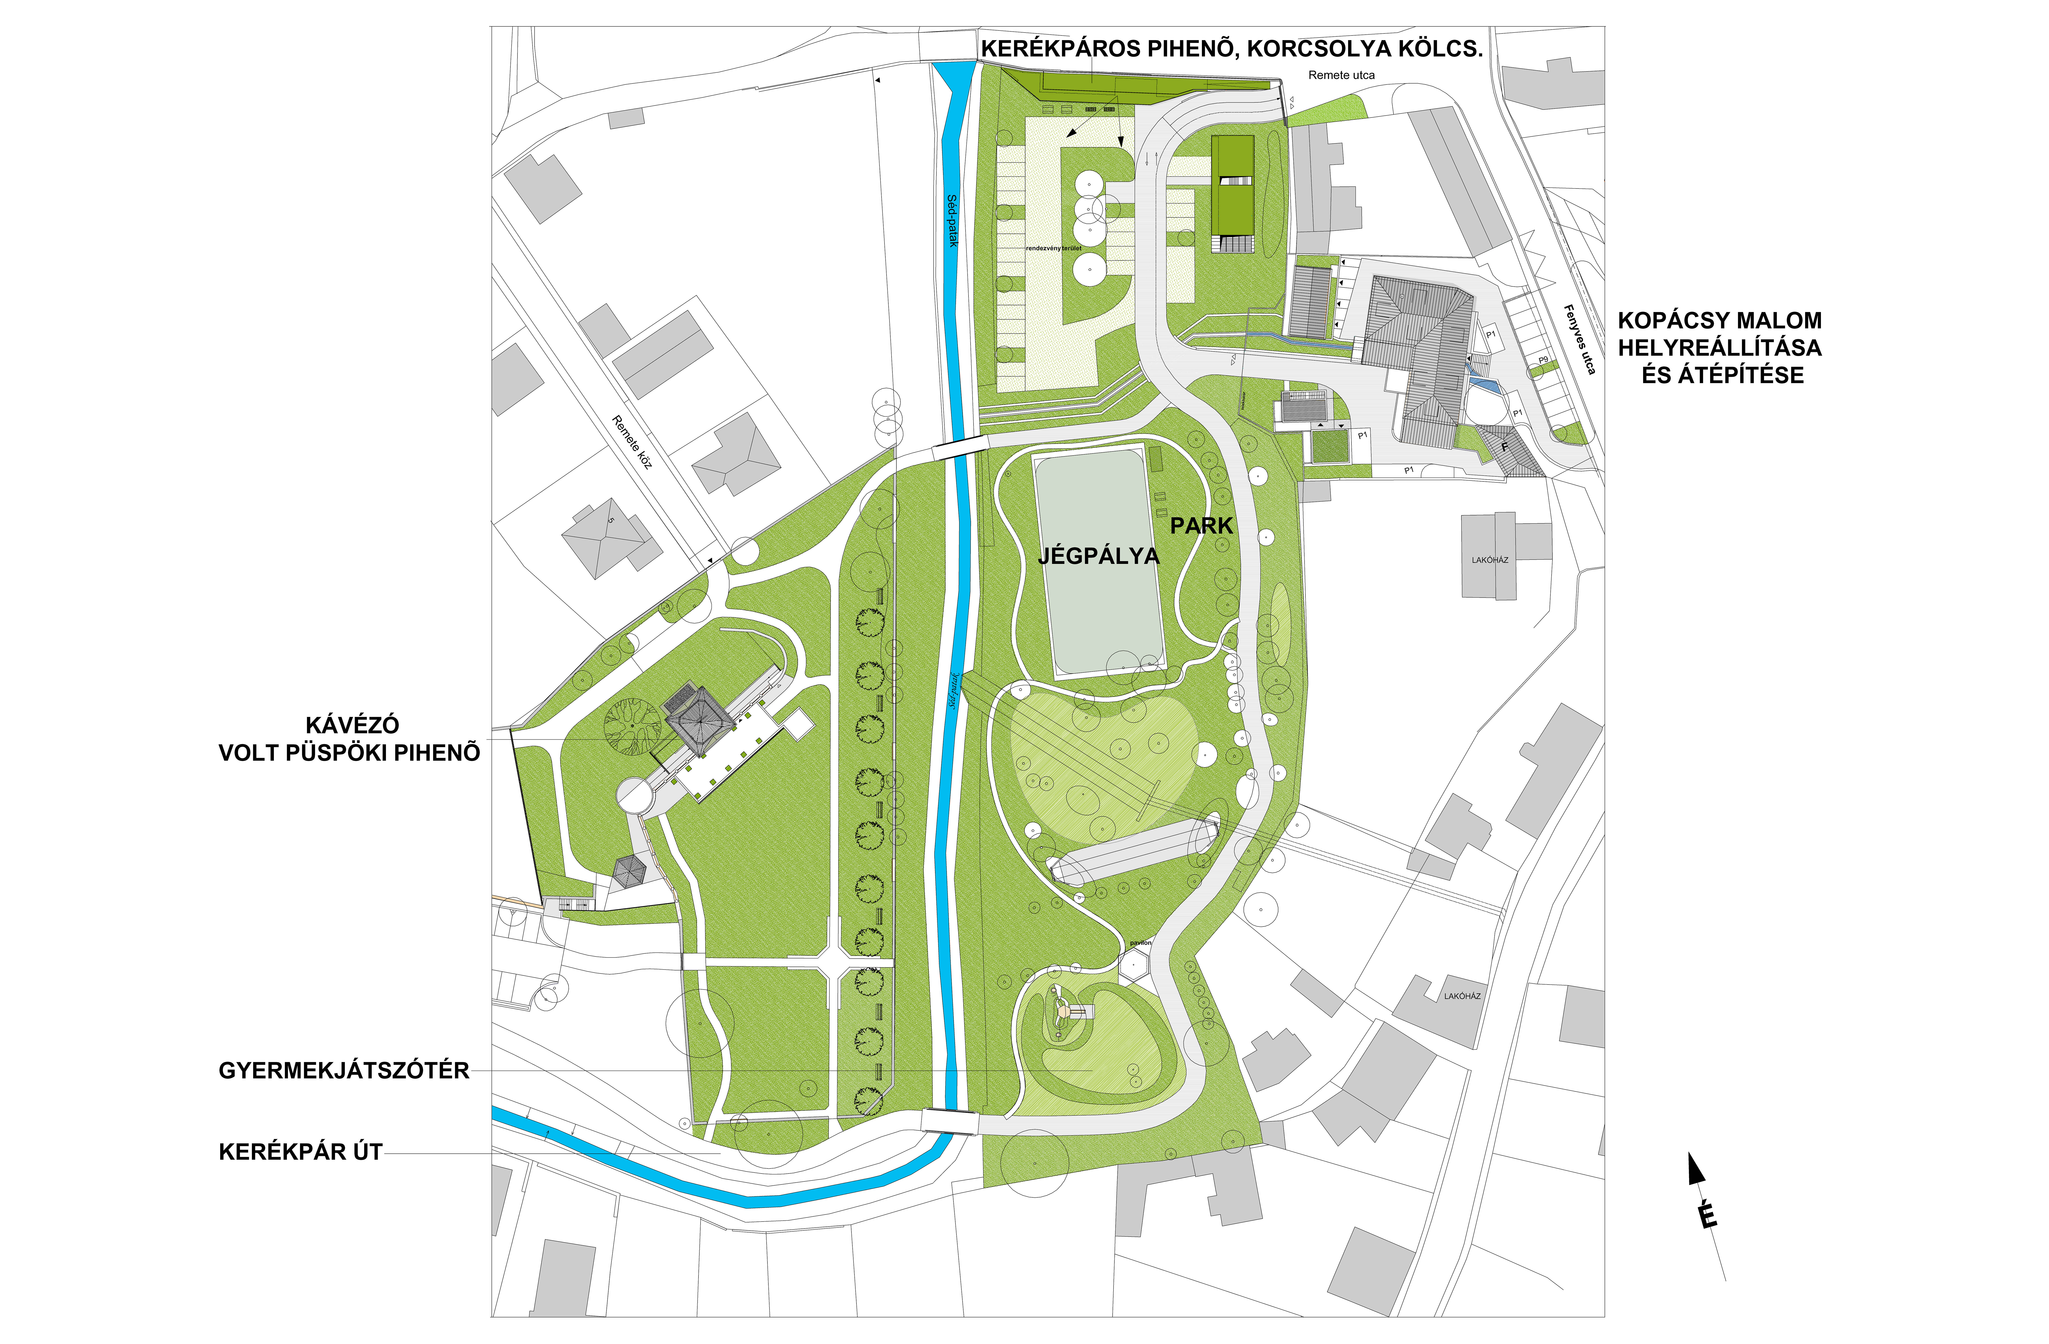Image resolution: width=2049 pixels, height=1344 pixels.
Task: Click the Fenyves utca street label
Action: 1579,340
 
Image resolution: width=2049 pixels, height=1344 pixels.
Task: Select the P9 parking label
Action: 1544,360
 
